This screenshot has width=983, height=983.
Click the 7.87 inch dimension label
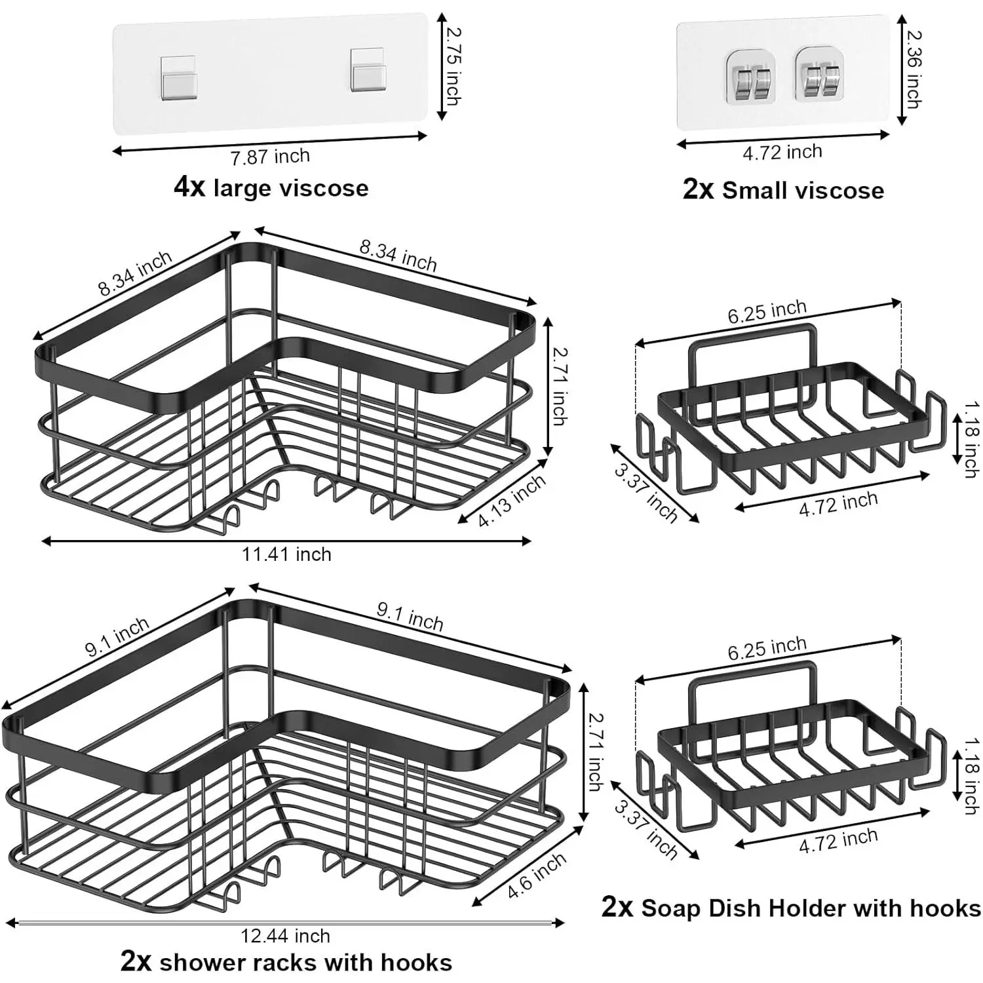click(270, 156)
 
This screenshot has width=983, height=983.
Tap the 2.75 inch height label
click(451, 66)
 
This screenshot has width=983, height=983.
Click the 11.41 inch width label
click(286, 554)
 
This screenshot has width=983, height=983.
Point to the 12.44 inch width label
click(285, 935)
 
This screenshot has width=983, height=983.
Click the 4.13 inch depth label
click(512, 500)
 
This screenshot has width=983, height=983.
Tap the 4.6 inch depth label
click(537, 876)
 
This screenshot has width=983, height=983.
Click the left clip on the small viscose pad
click(751, 78)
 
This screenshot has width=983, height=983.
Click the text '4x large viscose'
click(271, 187)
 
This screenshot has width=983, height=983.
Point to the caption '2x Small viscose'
click(783, 189)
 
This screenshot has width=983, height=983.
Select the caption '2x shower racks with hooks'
click(286, 962)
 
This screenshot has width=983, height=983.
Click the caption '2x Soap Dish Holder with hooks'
click(791, 908)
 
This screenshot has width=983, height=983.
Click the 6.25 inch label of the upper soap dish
click(767, 311)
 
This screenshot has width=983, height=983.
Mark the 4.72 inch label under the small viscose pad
click(782, 152)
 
